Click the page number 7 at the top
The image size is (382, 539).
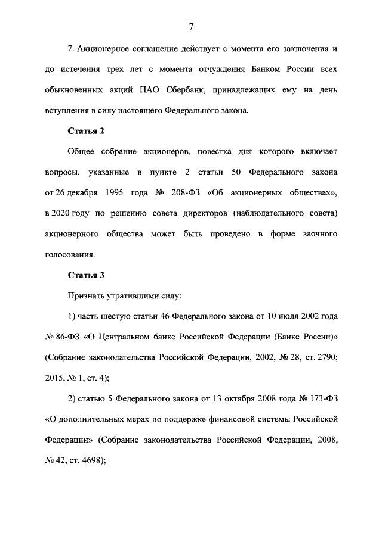point(191,26)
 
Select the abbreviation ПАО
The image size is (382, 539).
point(159,90)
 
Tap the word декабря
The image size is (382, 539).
point(76,192)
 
